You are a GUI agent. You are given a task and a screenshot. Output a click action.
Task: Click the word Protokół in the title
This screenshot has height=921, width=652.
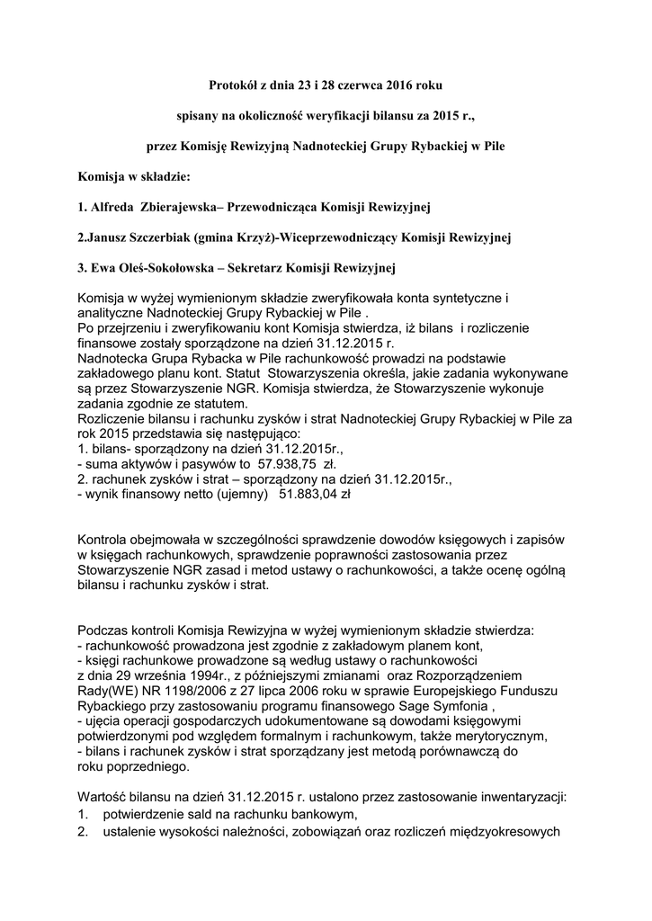(234, 85)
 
